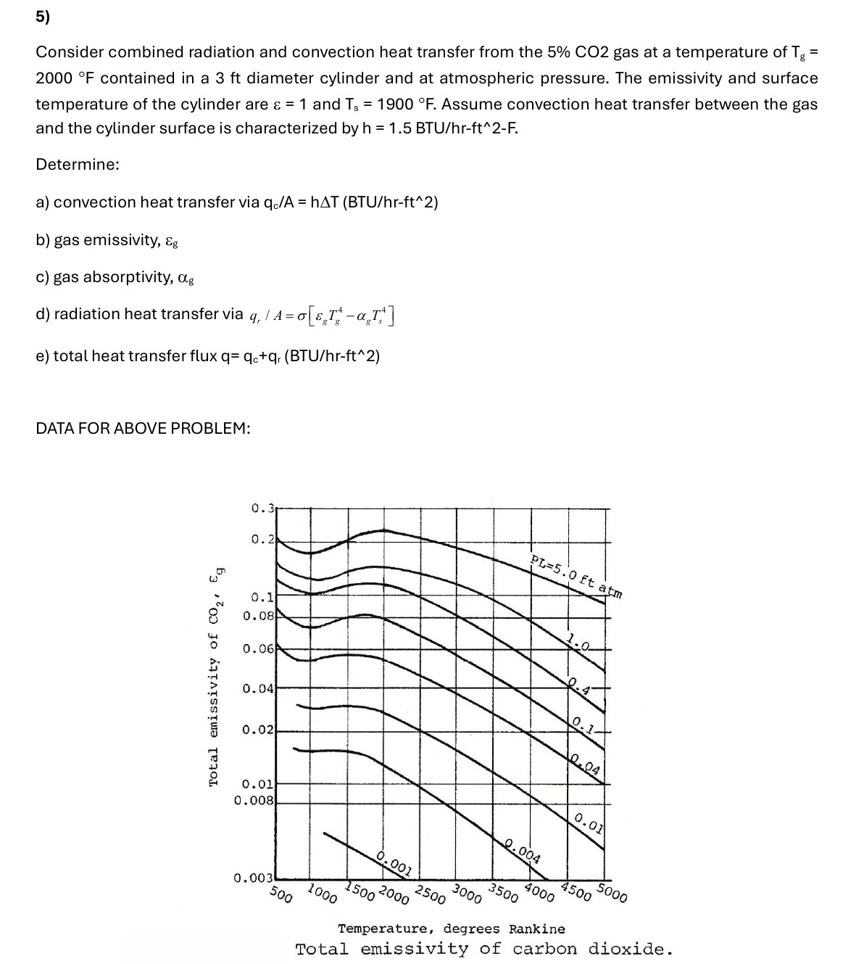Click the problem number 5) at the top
[x=43, y=20]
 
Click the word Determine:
[x=78, y=165]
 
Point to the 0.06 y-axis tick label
[x=258, y=648]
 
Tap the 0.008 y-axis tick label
[x=254, y=801]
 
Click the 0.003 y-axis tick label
[x=254, y=878]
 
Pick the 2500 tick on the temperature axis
[x=431, y=894]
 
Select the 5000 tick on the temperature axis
[x=613, y=893]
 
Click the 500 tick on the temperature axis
[x=281, y=894]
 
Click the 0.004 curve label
[x=522, y=849]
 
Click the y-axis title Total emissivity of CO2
[x=215, y=675]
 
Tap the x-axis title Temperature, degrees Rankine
[x=452, y=928]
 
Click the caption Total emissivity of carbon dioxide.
[x=483, y=949]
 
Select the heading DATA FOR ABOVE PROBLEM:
[x=143, y=429]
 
